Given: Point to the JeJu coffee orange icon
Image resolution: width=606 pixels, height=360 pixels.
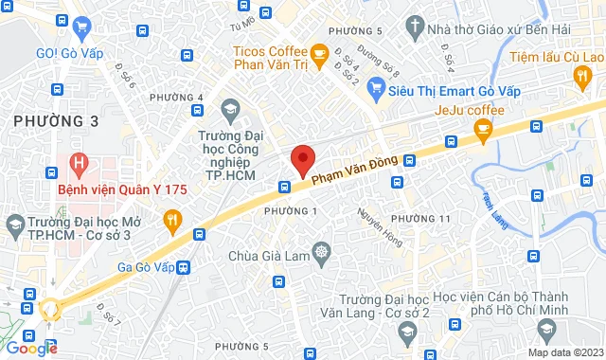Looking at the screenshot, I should point(485,133).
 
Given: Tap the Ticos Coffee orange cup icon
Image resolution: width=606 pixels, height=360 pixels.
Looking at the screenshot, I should point(320,51).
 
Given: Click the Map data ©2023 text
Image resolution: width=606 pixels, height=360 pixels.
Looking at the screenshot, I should point(564,352).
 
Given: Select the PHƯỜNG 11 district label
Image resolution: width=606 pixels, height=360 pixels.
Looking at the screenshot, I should point(419,219).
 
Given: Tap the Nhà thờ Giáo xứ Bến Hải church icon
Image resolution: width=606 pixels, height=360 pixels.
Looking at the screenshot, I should point(414,28).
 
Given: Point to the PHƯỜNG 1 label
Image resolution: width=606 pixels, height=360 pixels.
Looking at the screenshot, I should point(290,209).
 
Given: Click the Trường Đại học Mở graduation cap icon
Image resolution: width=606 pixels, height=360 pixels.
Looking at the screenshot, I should point(14,225).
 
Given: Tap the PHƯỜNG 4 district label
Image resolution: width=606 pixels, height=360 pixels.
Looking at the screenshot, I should point(176,98).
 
